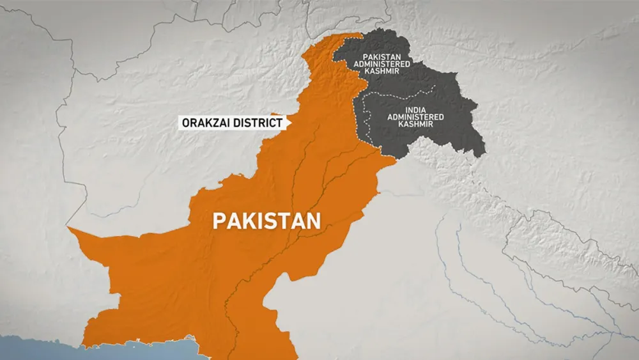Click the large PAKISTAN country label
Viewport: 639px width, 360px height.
pyautogui.click(x=266, y=221)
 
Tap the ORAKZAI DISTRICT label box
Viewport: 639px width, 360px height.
pyautogui.click(x=232, y=121)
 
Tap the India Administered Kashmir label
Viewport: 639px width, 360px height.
pyautogui.click(x=415, y=116)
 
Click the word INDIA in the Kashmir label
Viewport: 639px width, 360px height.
pyautogui.click(x=415, y=109)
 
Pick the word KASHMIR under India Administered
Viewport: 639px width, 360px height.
pyautogui.click(x=415, y=124)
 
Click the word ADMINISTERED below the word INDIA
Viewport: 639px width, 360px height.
pyautogui.click(x=415, y=117)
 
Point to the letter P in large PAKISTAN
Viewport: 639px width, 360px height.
pyautogui.click(x=219, y=221)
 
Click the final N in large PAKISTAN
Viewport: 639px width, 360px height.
pyautogui.click(x=312, y=221)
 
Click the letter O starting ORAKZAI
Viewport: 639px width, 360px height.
pyautogui.click(x=186, y=121)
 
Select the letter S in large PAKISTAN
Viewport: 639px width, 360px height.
pyautogui.click(x=272, y=221)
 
